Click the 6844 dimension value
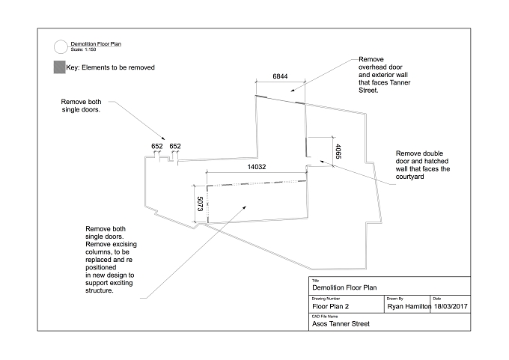tap(280, 76)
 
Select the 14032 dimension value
tap(257, 167)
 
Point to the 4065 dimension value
tap(338, 152)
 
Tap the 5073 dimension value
tap(200, 204)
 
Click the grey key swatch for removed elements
tap(59, 67)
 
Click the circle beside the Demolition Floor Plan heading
tap(61, 46)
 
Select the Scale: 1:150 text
tap(83, 49)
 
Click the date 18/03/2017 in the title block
tap(451, 306)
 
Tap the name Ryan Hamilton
tap(409, 306)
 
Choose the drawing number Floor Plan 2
tap(330, 306)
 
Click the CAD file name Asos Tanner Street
tap(341, 323)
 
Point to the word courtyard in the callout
tap(409, 177)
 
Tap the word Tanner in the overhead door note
tap(400, 83)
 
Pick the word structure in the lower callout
tap(100, 291)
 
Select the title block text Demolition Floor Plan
tap(344, 287)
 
